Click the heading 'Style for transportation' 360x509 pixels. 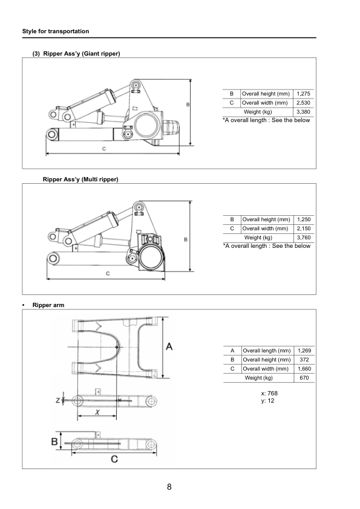(x=55, y=31)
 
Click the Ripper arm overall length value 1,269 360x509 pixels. (x=304, y=351)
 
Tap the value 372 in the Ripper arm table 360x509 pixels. (x=304, y=360)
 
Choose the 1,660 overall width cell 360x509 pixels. (x=304, y=369)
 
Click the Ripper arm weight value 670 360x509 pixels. (x=304, y=378)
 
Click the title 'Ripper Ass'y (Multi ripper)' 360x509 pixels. (x=80, y=180)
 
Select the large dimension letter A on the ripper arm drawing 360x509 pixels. (x=169, y=346)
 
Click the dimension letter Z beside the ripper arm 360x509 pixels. (x=57, y=400)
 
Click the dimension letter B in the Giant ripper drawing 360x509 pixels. (x=188, y=105)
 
